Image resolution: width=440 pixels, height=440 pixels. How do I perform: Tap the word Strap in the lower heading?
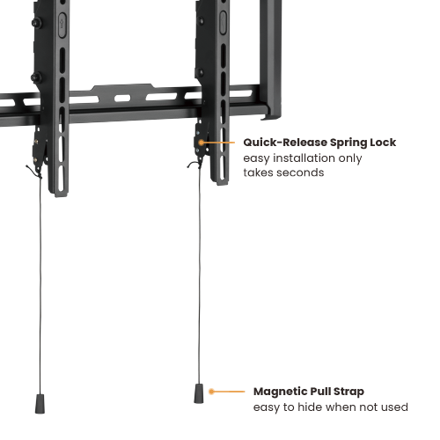point(348,392)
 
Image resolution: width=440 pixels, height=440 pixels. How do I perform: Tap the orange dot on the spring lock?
point(201,142)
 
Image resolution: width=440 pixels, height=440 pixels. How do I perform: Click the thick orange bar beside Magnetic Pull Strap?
point(225,392)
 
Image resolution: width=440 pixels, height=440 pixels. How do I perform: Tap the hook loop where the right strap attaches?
point(194,163)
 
